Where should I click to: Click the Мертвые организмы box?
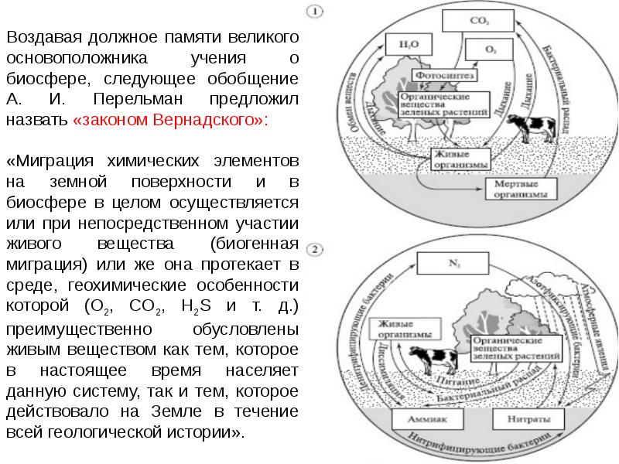tap(519, 190)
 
